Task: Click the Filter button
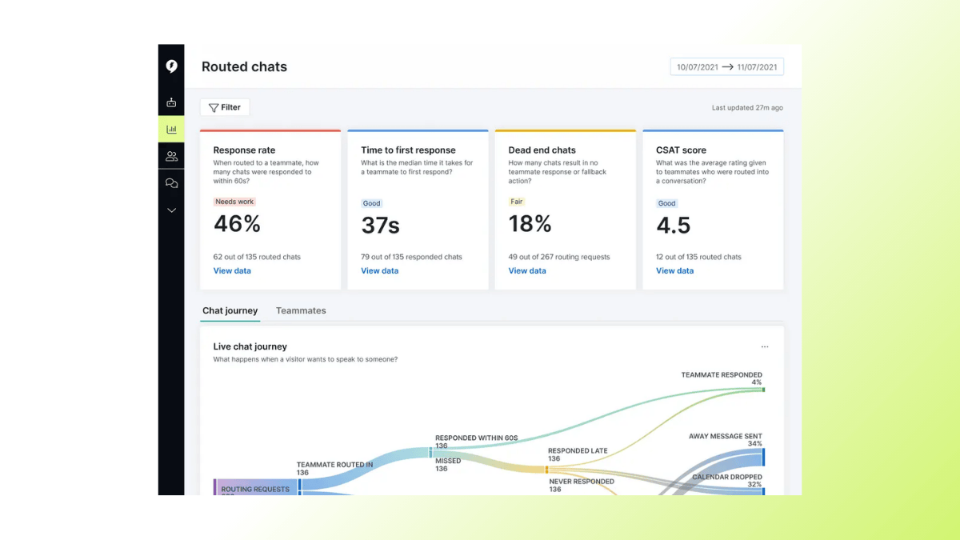(225, 107)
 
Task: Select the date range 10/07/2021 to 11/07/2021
(726, 67)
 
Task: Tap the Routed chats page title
(244, 67)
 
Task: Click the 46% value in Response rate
(237, 225)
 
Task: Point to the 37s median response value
(380, 226)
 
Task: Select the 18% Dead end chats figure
(530, 225)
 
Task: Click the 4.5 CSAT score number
(673, 226)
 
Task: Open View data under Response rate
(232, 271)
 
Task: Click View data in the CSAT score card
(674, 271)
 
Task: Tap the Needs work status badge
(234, 202)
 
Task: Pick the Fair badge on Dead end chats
(516, 202)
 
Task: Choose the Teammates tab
(301, 311)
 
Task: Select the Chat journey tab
(230, 311)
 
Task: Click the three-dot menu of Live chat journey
(765, 347)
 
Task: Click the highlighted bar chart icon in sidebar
(171, 129)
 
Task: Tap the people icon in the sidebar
(171, 156)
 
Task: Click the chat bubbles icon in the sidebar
(171, 183)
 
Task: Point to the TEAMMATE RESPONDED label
(721, 374)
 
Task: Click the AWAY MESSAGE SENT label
(725, 436)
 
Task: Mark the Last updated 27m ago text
(747, 108)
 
